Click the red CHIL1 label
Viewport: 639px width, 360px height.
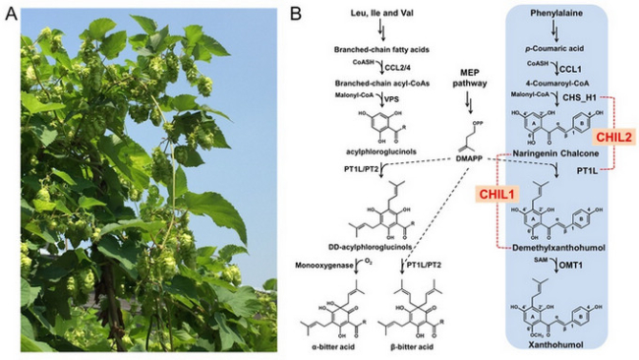(498, 194)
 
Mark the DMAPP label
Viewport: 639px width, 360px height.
(466, 156)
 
